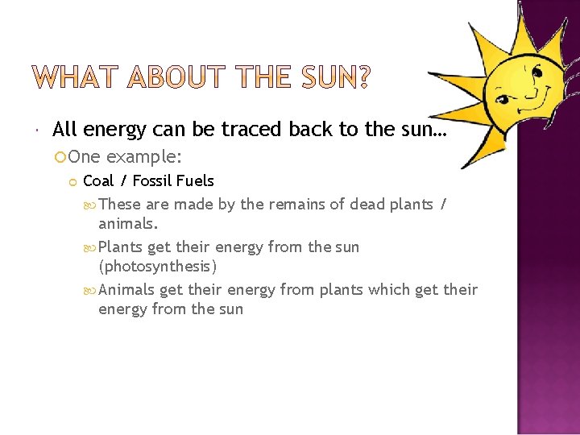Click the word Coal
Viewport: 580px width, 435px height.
98,180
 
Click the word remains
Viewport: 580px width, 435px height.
297,204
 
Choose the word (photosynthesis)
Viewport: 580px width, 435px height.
157,266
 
